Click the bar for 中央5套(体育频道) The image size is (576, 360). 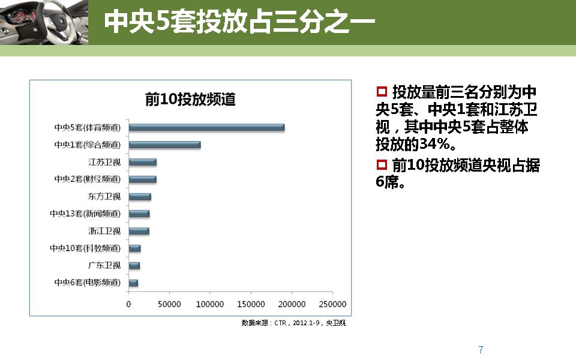206,127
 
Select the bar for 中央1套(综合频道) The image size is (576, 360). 164,145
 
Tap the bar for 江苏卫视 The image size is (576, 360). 142,162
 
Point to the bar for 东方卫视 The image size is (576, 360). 140,197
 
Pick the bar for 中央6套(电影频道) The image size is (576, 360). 133,283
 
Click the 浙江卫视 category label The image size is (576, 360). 104,231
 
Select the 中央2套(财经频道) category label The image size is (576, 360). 87,179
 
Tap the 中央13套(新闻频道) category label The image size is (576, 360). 85,214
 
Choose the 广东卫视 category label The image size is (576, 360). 104,265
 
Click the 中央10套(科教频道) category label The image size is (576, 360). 85,248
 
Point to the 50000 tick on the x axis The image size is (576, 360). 169,304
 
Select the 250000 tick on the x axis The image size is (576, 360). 332,304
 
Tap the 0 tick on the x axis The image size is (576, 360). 128,304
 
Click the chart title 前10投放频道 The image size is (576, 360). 190,99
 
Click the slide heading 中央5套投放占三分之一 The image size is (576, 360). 239,22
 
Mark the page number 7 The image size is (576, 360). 481,350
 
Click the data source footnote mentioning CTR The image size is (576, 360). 293,323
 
